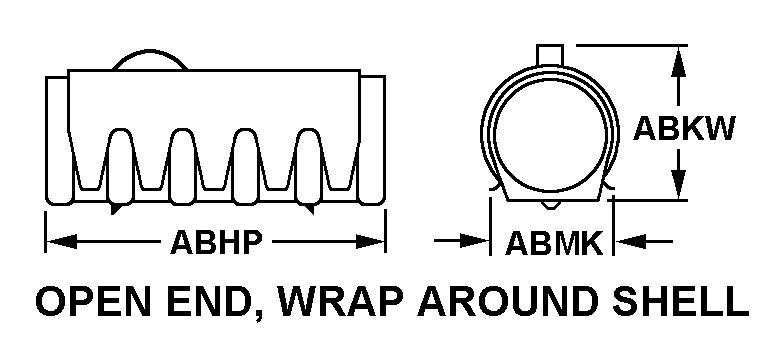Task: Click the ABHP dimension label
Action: tap(216, 243)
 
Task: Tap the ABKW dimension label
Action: tap(684, 129)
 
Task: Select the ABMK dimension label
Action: tap(554, 243)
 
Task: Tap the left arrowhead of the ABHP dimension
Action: tap(61, 242)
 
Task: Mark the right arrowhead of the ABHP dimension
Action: tap(370, 242)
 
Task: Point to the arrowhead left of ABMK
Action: tap(475, 242)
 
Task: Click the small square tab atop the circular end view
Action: tap(550, 55)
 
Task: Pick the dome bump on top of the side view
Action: tap(150, 59)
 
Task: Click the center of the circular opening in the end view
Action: tap(550, 133)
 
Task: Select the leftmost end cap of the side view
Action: tap(59, 140)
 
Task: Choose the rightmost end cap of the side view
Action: tap(372, 140)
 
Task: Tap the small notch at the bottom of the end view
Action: tap(549, 205)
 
